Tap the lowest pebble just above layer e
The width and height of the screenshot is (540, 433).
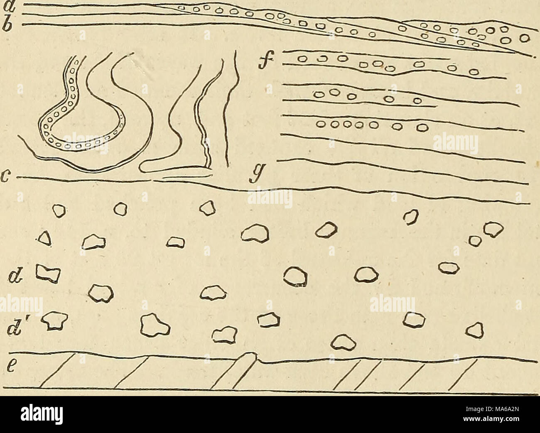[x=342, y=342]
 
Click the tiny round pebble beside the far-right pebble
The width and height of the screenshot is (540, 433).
[x=472, y=240]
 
